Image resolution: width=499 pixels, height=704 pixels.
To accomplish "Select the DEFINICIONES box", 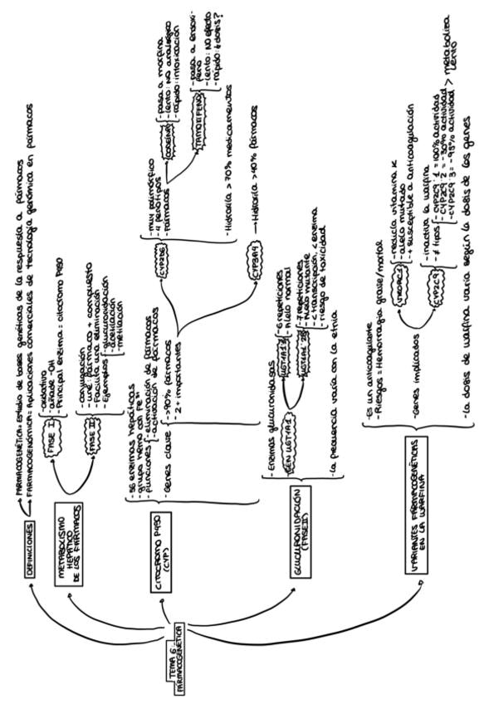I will (30, 550).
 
